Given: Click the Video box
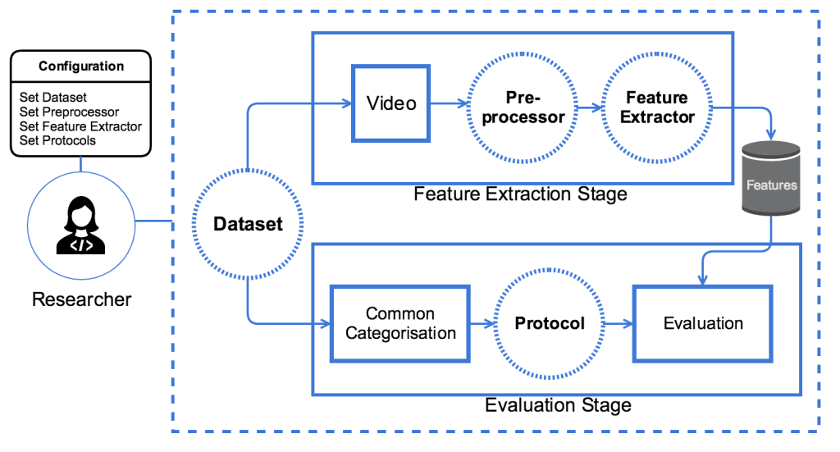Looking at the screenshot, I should pyautogui.click(x=391, y=104).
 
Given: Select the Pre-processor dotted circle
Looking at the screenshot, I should pyautogui.click(x=523, y=107).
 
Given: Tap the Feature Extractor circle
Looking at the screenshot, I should pyautogui.click(x=657, y=107).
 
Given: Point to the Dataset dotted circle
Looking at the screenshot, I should pyautogui.click(x=247, y=223).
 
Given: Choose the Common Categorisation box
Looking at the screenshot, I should pyautogui.click(x=400, y=323).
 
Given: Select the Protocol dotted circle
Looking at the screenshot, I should pyautogui.click(x=550, y=323).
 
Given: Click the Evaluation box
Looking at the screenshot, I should pyautogui.click(x=703, y=323).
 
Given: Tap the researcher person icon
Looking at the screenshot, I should pyautogui.click(x=81, y=227).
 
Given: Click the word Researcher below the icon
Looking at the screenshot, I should pyautogui.click(x=81, y=299).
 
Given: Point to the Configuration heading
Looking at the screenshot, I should pyautogui.click(x=81, y=66).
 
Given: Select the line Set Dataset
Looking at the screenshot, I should pyautogui.click(x=53, y=98).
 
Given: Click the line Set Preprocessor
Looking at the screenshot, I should pyautogui.click(x=69, y=112).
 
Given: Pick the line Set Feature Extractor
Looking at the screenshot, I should pyautogui.click(x=80, y=126).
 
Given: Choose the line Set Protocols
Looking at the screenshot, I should pyautogui.click(x=57, y=140).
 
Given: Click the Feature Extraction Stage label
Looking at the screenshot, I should pyautogui.click(x=520, y=194).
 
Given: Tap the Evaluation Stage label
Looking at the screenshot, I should pyautogui.click(x=558, y=405).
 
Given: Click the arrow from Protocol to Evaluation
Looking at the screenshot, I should pyautogui.click(x=618, y=323).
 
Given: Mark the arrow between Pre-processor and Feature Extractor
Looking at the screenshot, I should pyautogui.click(x=589, y=107).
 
